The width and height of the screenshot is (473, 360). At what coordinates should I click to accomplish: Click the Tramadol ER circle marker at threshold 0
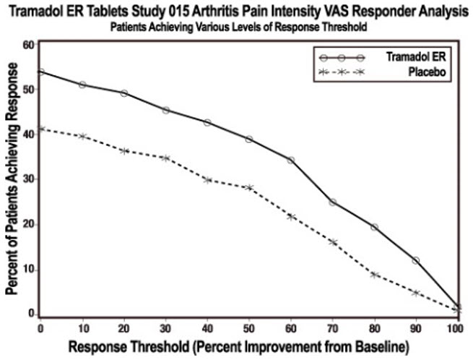point(41,72)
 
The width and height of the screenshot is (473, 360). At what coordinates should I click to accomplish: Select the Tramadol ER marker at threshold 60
point(291,160)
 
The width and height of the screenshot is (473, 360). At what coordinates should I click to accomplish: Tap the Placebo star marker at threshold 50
point(249,187)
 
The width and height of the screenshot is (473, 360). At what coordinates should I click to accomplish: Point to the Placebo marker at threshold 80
point(374,275)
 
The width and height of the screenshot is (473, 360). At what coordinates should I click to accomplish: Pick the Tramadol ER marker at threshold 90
point(416,260)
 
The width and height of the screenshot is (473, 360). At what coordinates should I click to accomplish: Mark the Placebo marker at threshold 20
point(124,150)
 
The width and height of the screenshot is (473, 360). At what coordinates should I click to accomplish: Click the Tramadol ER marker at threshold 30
point(165,110)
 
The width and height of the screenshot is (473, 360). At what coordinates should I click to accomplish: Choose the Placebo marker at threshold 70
point(333,242)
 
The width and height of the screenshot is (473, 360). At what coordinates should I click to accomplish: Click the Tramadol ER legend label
point(416,57)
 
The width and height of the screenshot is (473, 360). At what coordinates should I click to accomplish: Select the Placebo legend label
point(427,72)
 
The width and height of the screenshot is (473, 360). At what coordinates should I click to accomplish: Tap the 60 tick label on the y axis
point(27,44)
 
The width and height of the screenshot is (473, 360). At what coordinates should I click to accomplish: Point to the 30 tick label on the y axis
point(27,179)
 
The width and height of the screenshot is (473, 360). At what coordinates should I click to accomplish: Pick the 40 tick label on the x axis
point(207,328)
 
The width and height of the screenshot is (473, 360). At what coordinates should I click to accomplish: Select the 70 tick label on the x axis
point(332,328)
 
